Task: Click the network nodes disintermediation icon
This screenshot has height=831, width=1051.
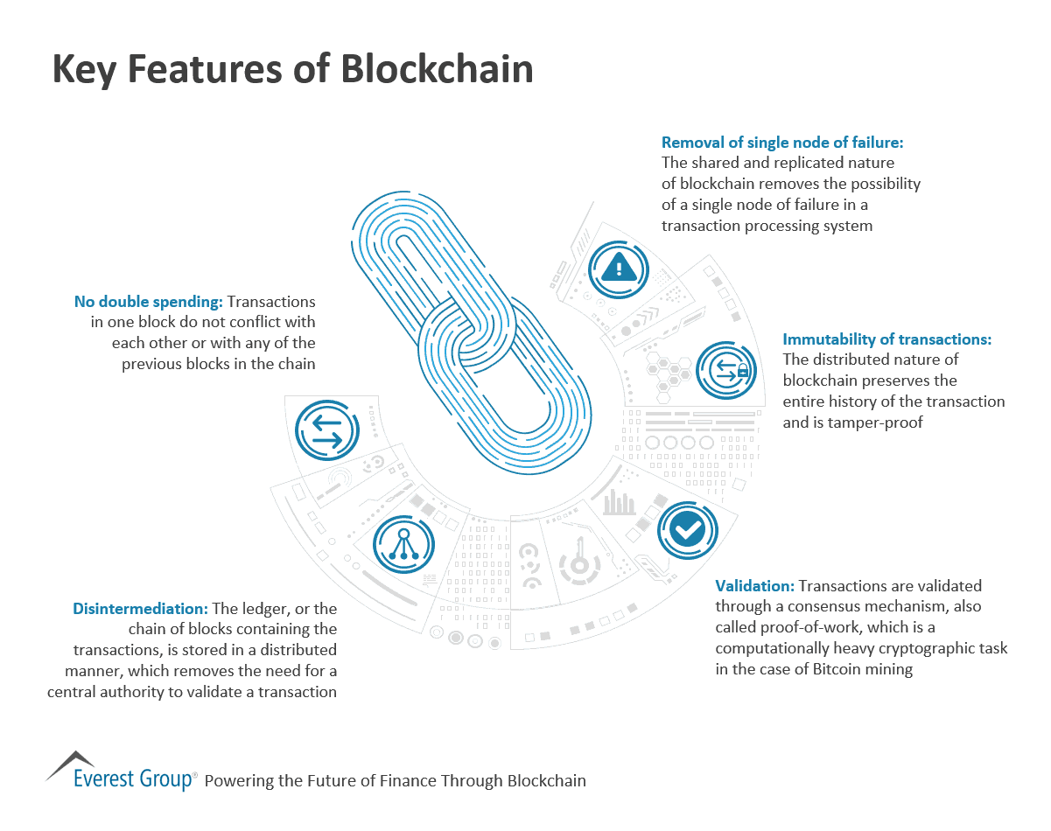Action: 403,543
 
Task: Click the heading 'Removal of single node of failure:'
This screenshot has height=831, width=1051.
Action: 782,142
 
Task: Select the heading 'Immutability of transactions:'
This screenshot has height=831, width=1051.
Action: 886,339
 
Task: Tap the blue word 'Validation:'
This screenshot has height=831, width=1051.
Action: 754,586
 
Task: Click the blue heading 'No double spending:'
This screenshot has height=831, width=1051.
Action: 149,302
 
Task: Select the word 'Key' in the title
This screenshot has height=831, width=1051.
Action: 84,69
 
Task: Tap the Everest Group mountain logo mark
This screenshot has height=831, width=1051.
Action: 70,763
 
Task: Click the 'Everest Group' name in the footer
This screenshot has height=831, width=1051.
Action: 133,779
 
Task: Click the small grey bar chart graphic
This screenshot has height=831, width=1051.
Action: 620,502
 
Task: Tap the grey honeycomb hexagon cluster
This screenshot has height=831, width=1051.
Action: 669,371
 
